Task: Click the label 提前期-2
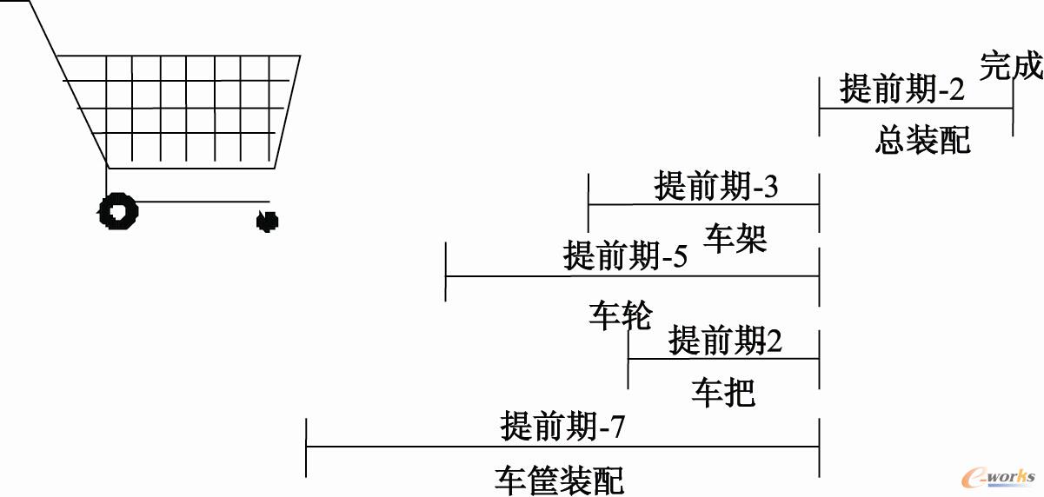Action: pos(903,89)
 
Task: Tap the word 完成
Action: pos(1011,66)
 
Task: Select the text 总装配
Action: pos(922,139)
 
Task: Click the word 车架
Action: pos(735,239)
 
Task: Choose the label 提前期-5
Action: pos(625,256)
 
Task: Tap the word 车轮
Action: pos(620,316)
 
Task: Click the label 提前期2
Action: pos(725,341)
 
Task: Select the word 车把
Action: pos(723,393)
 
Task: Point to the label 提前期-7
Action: pos(562,427)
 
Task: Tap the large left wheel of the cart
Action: pos(118,211)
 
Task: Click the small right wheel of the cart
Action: pos(267,221)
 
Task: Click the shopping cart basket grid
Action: pos(183,109)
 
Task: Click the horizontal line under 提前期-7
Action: pos(562,447)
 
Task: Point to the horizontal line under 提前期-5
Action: pos(632,276)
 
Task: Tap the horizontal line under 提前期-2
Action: pos(915,108)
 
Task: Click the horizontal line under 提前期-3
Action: pos(703,204)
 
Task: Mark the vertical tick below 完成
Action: pos(1013,109)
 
